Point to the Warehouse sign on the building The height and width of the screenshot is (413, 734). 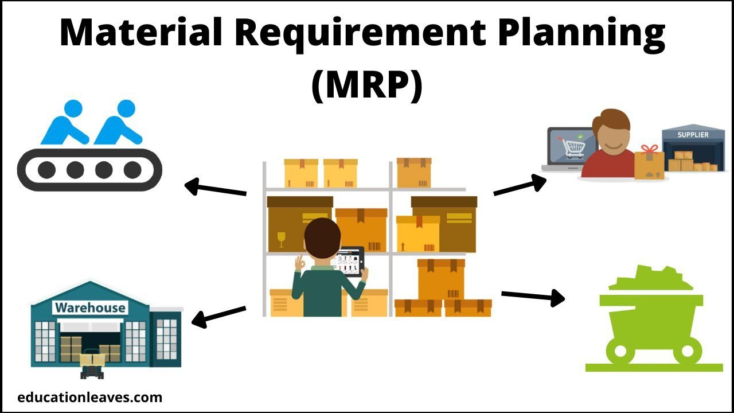(x=90, y=308)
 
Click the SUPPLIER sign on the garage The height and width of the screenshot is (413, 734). (x=693, y=135)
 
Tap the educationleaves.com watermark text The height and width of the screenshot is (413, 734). (x=90, y=397)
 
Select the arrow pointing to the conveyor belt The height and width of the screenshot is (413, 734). (x=215, y=188)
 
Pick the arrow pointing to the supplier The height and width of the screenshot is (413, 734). (x=520, y=185)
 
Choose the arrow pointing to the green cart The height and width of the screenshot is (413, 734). (x=533, y=296)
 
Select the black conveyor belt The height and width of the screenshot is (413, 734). (x=89, y=170)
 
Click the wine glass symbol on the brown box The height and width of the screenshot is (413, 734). (x=281, y=240)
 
